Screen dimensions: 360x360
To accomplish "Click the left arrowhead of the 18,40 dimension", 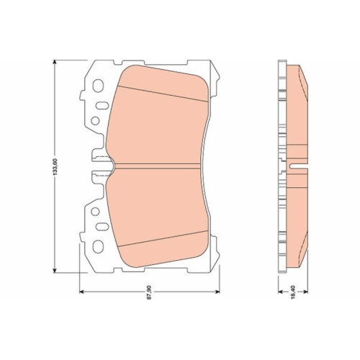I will point(280,290).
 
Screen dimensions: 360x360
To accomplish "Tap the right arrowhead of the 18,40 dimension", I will point(308,290).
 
